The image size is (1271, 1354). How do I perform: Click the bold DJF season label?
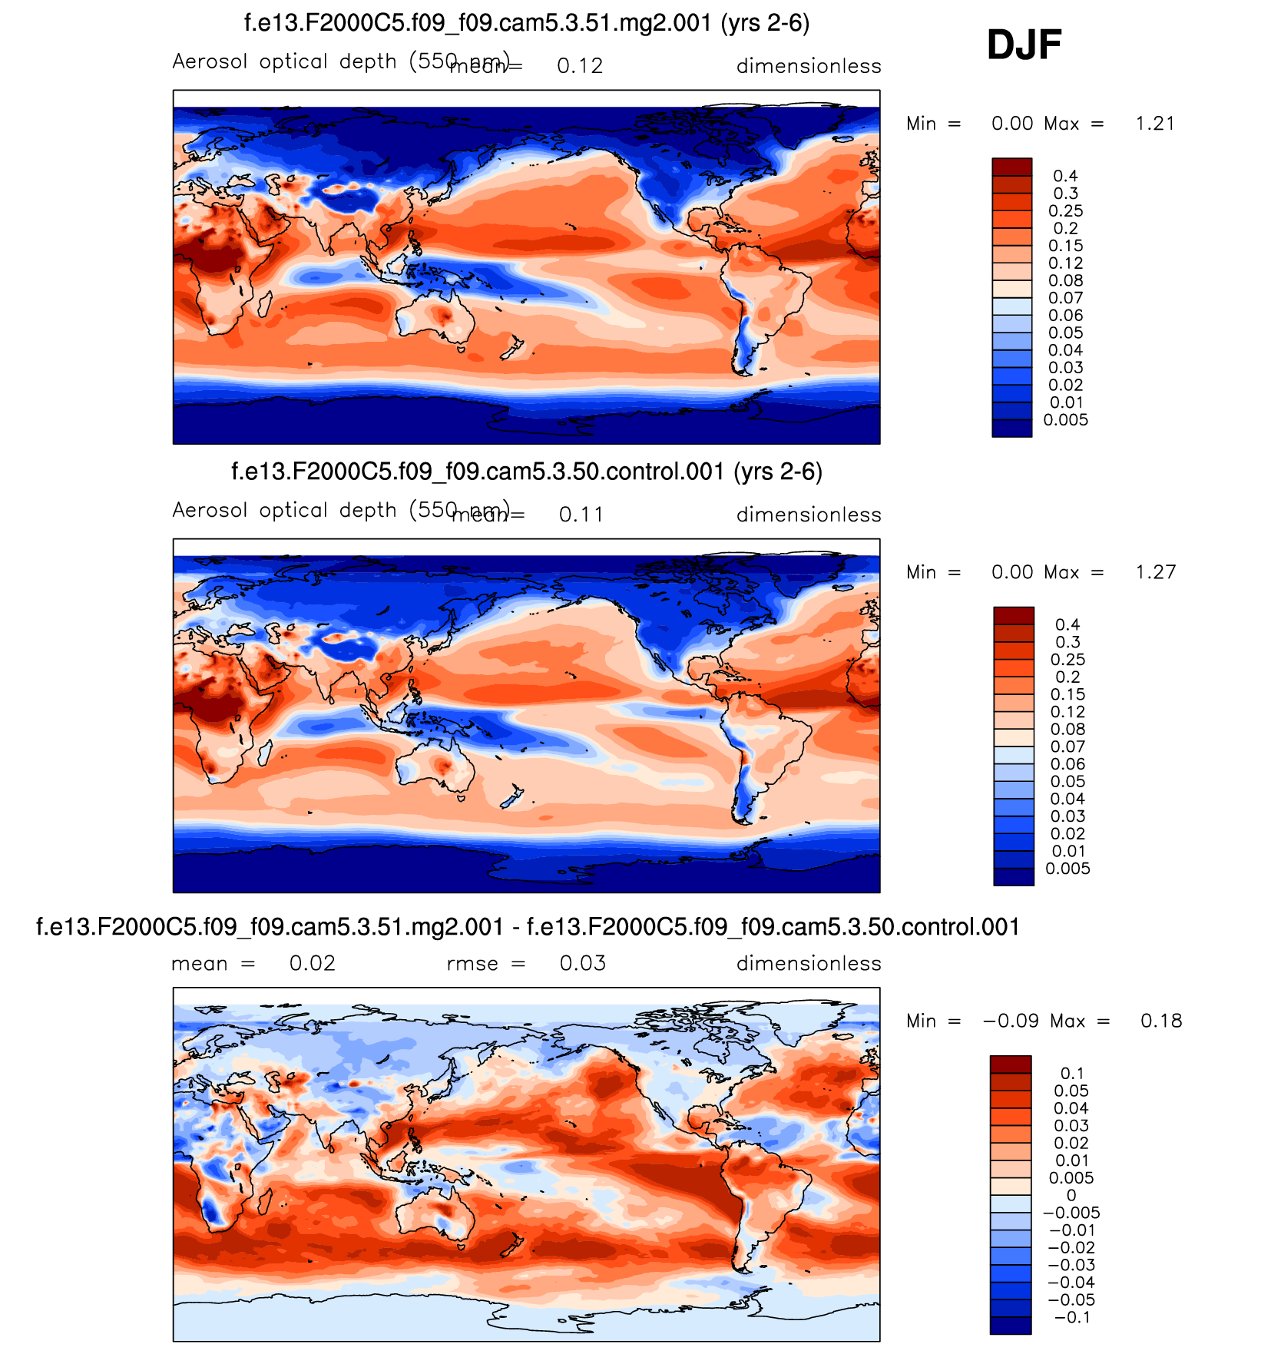pyautogui.click(x=1024, y=45)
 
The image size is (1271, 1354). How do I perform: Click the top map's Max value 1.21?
pyautogui.click(x=1155, y=124)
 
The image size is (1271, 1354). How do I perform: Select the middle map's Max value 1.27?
pyautogui.click(x=1156, y=572)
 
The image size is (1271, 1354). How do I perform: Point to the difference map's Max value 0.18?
pyautogui.click(x=1161, y=1021)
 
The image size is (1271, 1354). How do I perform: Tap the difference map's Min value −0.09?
pyautogui.click(x=1011, y=1021)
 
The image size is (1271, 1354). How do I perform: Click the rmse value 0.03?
pyautogui.click(x=582, y=963)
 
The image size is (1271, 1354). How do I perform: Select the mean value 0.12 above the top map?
pyautogui.click(x=580, y=66)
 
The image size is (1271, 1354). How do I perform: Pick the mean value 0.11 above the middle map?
pyautogui.click(x=581, y=515)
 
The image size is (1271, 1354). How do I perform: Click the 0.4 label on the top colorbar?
pyautogui.click(x=1065, y=176)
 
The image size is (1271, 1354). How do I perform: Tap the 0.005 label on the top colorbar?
pyautogui.click(x=1065, y=420)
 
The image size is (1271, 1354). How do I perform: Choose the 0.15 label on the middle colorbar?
pyautogui.click(x=1067, y=694)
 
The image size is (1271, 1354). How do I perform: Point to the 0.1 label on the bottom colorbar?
pyautogui.click(x=1072, y=1074)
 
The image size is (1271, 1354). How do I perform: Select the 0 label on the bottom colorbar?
pyautogui.click(x=1071, y=1196)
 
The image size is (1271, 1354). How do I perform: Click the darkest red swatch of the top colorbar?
pyautogui.click(x=1011, y=167)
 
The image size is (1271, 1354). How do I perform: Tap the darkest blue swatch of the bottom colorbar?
pyautogui.click(x=1010, y=1326)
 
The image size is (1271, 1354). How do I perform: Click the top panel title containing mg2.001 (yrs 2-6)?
pyautogui.click(x=527, y=23)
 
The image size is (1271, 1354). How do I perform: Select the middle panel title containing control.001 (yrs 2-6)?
pyautogui.click(x=527, y=471)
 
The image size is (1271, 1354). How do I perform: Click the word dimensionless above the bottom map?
pyautogui.click(x=809, y=963)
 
